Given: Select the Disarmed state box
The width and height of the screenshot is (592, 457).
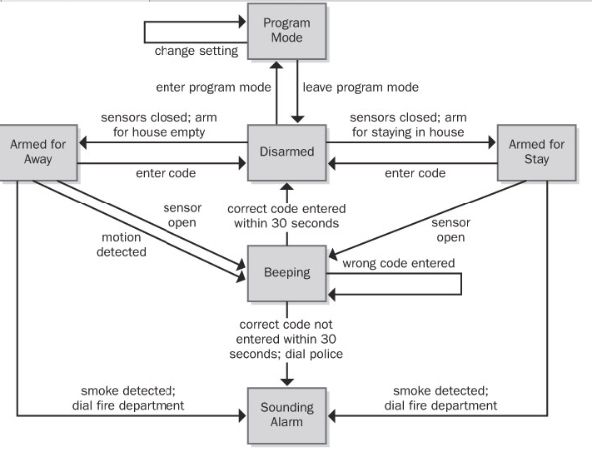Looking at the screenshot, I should (x=287, y=152).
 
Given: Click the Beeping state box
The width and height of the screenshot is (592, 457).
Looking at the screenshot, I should (x=287, y=273).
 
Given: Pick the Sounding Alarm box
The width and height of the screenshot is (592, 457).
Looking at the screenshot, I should (x=287, y=415).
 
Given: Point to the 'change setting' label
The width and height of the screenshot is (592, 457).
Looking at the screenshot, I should (x=197, y=52).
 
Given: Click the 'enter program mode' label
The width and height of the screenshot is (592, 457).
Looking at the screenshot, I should (x=211, y=87).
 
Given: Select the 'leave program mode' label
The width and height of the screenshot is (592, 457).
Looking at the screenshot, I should (x=360, y=87).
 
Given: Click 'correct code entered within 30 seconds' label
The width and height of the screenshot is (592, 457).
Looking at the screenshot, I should (x=288, y=216).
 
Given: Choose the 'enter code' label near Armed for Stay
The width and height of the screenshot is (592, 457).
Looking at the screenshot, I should (x=415, y=173).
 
